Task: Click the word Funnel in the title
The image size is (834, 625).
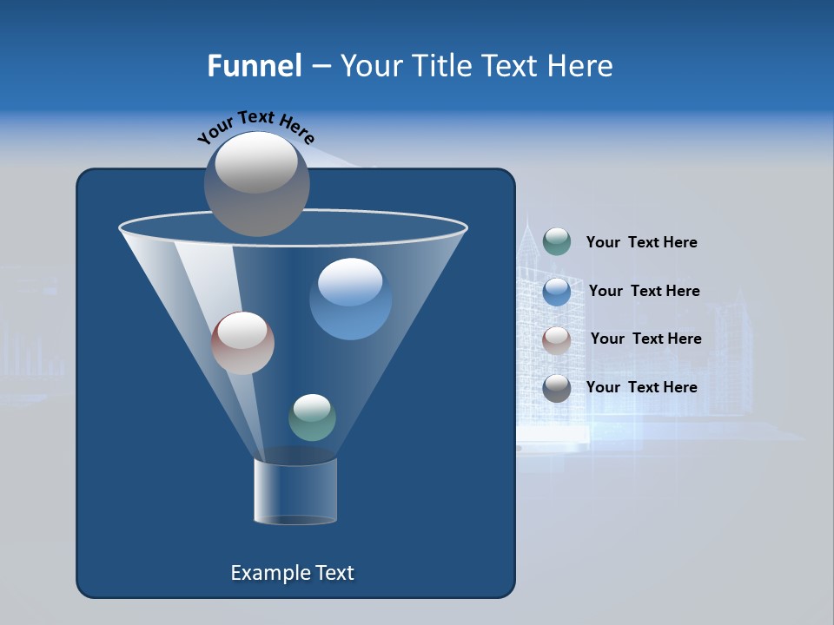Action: pyautogui.click(x=254, y=65)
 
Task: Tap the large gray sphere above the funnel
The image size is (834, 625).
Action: pyautogui.click(x=256, y=183)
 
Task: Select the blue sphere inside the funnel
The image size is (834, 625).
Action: pyautogui.click(x=350, y=299)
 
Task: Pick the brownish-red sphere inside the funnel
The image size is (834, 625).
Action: pyautogui.click(x=242, y=343)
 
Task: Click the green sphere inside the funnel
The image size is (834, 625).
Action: pyautogui.click(x=312, y=418)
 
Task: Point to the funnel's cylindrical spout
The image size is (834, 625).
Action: pyautogui.click(x=295, y=491)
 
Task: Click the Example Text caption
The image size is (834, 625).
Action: pyautogui.click(x=292, y=573)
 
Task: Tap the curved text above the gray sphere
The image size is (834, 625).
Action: pyautogui.click(x=255, y=127)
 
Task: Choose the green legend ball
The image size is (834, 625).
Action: pyautogui.click(x=557, y=241)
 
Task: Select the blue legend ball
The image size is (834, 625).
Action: pyautogui.click(x=557, y=291)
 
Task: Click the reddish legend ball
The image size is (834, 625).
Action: pyautogui.click(x=557, y=339)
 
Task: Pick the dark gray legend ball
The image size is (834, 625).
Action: pyautogui.click(x=557, y=387)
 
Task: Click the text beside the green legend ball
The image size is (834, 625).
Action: pyautogui.click(x=641, y=242)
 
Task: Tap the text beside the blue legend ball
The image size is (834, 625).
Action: pyautogui.click(x=644, y=291)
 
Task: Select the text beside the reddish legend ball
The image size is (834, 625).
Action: pyautogui.click(x=645, y=339)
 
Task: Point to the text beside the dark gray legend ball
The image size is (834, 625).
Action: pyautogui.click(x=641, y=387)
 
